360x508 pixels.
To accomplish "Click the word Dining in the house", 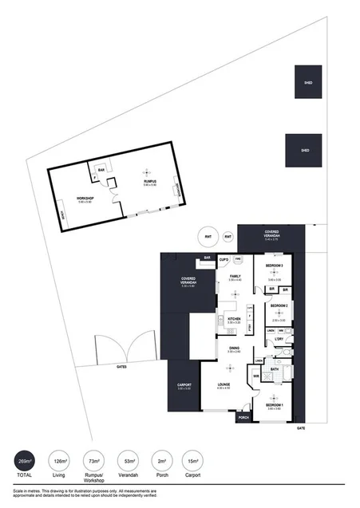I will (234, 348).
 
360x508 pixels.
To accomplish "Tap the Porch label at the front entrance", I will (243, 416).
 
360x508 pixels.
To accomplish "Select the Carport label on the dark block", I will (183, 385).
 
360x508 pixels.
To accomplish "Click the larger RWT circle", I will (208, 237).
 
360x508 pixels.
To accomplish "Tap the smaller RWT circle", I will (227, 236).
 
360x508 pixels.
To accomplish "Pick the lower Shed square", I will (303, 150).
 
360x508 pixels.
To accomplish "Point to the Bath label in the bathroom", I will (274, 369).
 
